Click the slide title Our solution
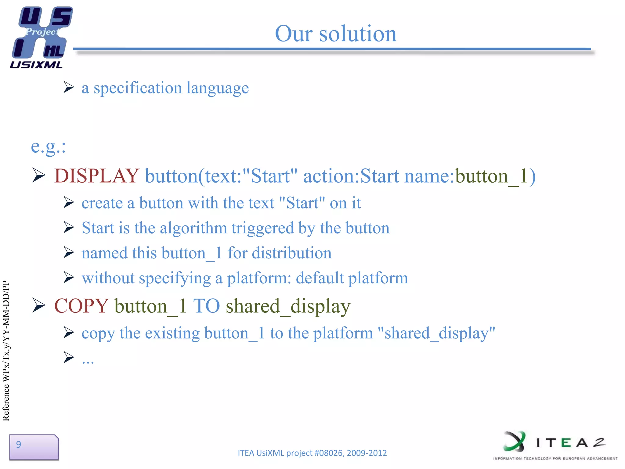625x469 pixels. pyautogui.click(x=336, y=34)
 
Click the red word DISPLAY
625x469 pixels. pyautogui.click(x=96, y=176)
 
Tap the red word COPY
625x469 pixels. pyautogui.click(x=81, y=306)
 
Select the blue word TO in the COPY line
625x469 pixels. pyautogui.click(x=206, y=306)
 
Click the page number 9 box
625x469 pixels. pyautogui.click(x=34, y=447)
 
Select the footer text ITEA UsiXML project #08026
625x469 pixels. pyautogui.click(x=312, y=453)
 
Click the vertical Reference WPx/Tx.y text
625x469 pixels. pyautogui.click(x=6, y=351)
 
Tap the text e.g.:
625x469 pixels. pyautogui.click(x=48, y=147)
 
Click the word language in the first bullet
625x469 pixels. pyautogui.click(x=217, y=88)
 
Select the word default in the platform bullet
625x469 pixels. pyautogui.click(x=320, y=278)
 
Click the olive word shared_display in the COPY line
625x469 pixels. pyautogui.click(x=288, y=306)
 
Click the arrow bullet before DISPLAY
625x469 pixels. pyautogui.click(x=39, y=175)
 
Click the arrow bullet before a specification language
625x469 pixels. pyautogui.click(x=69, y=87)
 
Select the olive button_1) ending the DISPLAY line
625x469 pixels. pyautogui.click(x=495, y=176)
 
